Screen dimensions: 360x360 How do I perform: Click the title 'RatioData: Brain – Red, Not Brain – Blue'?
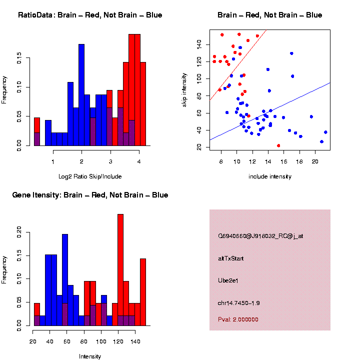90,15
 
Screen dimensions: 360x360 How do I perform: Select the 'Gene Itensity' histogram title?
90,195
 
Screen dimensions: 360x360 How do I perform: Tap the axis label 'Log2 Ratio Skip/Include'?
90,176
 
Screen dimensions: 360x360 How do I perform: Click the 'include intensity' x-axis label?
270,176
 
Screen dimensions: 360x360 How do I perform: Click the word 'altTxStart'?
230,258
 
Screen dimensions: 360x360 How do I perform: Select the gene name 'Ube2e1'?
228,280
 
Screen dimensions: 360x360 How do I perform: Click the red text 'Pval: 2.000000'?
238,319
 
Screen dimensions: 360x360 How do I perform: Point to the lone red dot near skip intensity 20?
278,145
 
